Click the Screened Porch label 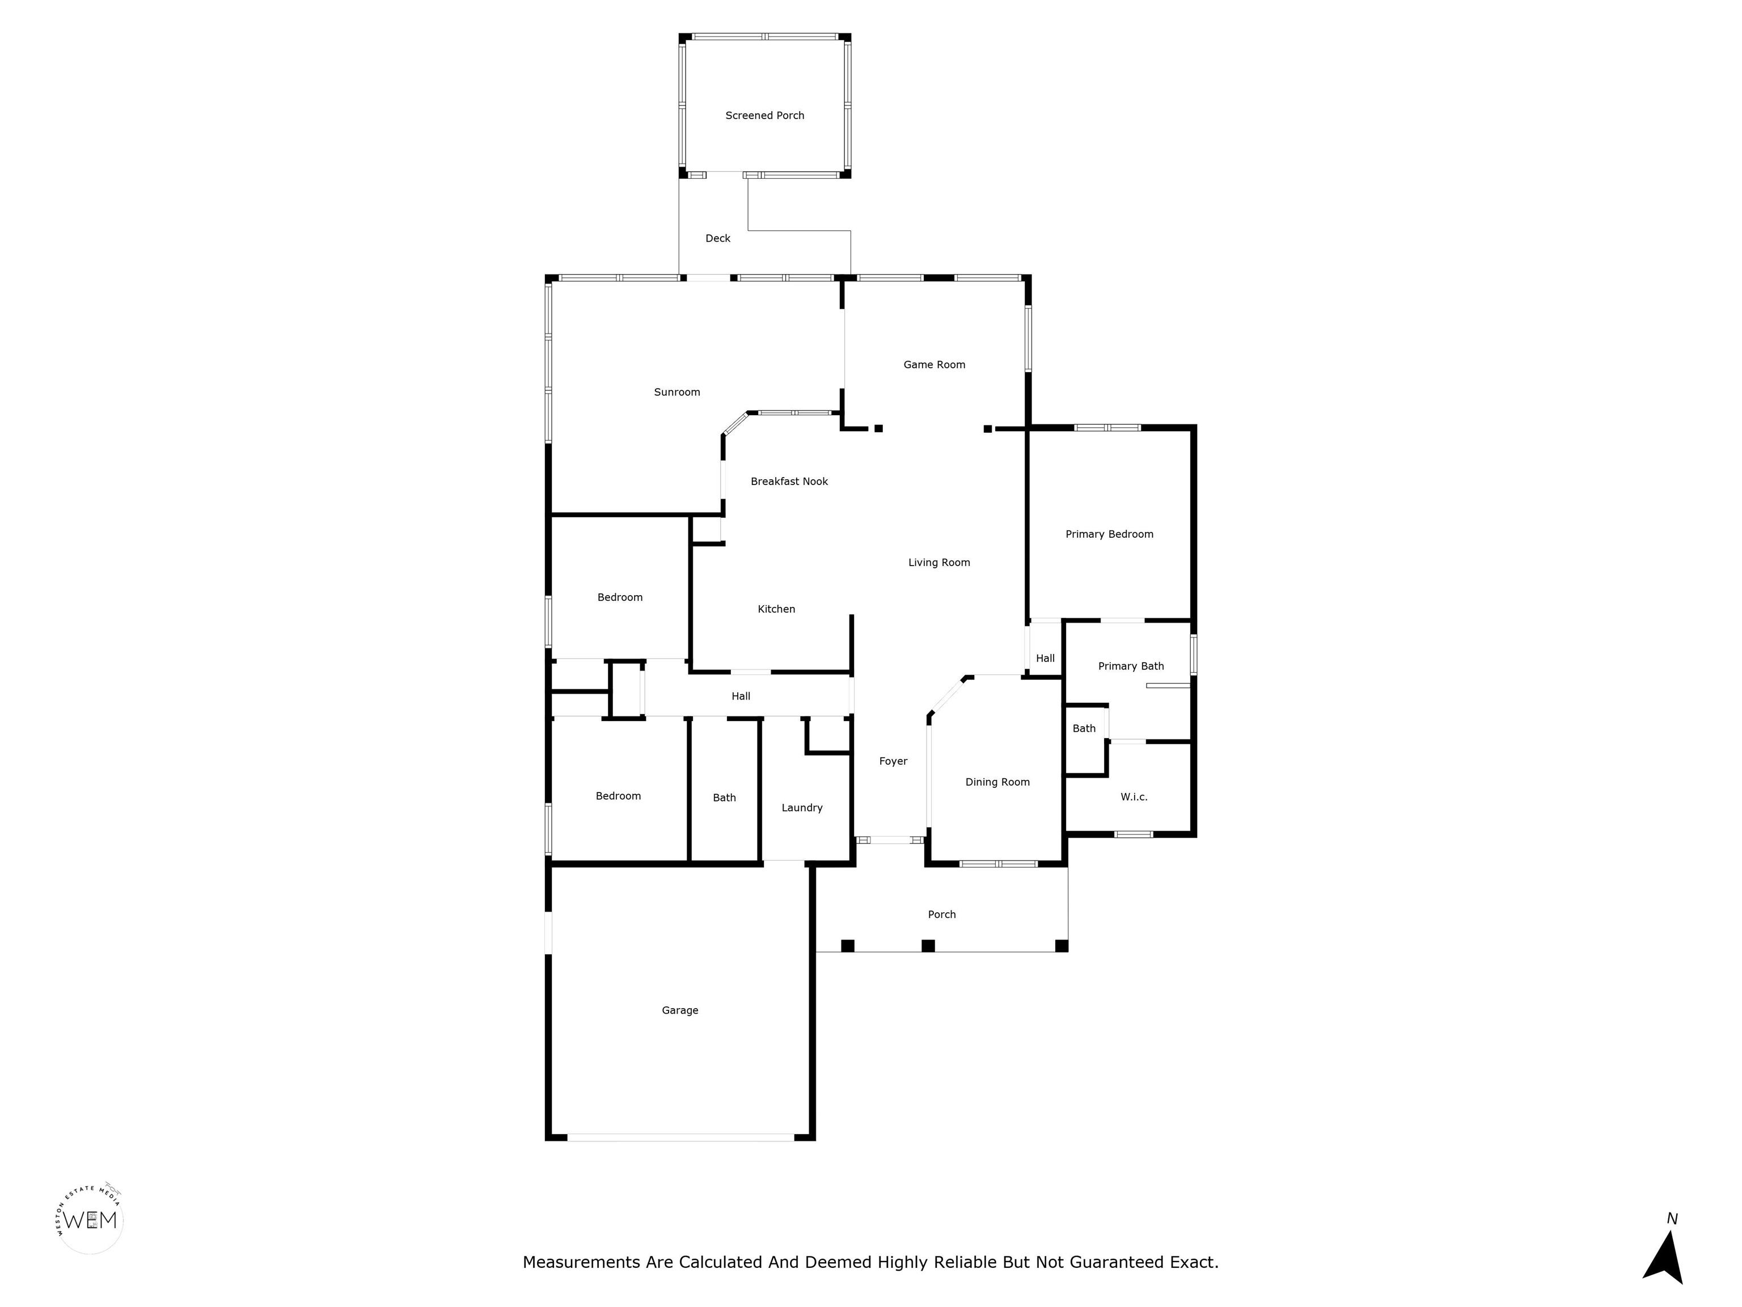(x=765, y=116)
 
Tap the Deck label (x=717, y=238)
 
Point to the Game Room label (x=934, y=365)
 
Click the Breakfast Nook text (x=789, y=482)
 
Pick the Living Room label (x=938, y=563)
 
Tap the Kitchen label (x=776, y=609)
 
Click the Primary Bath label (x=1131, y=667)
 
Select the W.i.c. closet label (x=1134, y=797)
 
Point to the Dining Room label (x=998, y=782)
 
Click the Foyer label (x=893, y=761)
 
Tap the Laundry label (x=802, y=808)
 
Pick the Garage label (x=680, y=1010)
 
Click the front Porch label (x=942, y=914)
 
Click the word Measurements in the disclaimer (x=582, y=1263)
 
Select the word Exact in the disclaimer (x=1194, y=1263)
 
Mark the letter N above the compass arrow (x=1672, y=1219)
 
